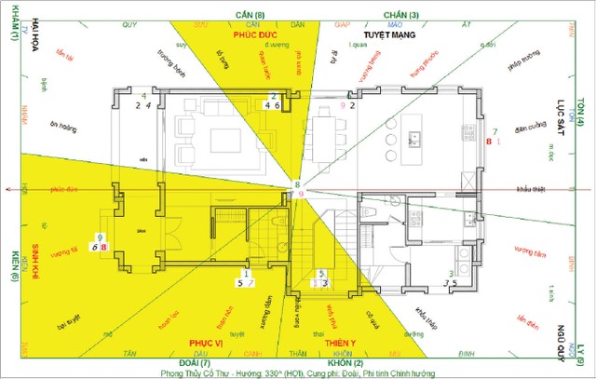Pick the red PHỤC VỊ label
tap(203, 343)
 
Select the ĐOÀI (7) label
tap(205, 362)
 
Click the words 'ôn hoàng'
tap(62, 128)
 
